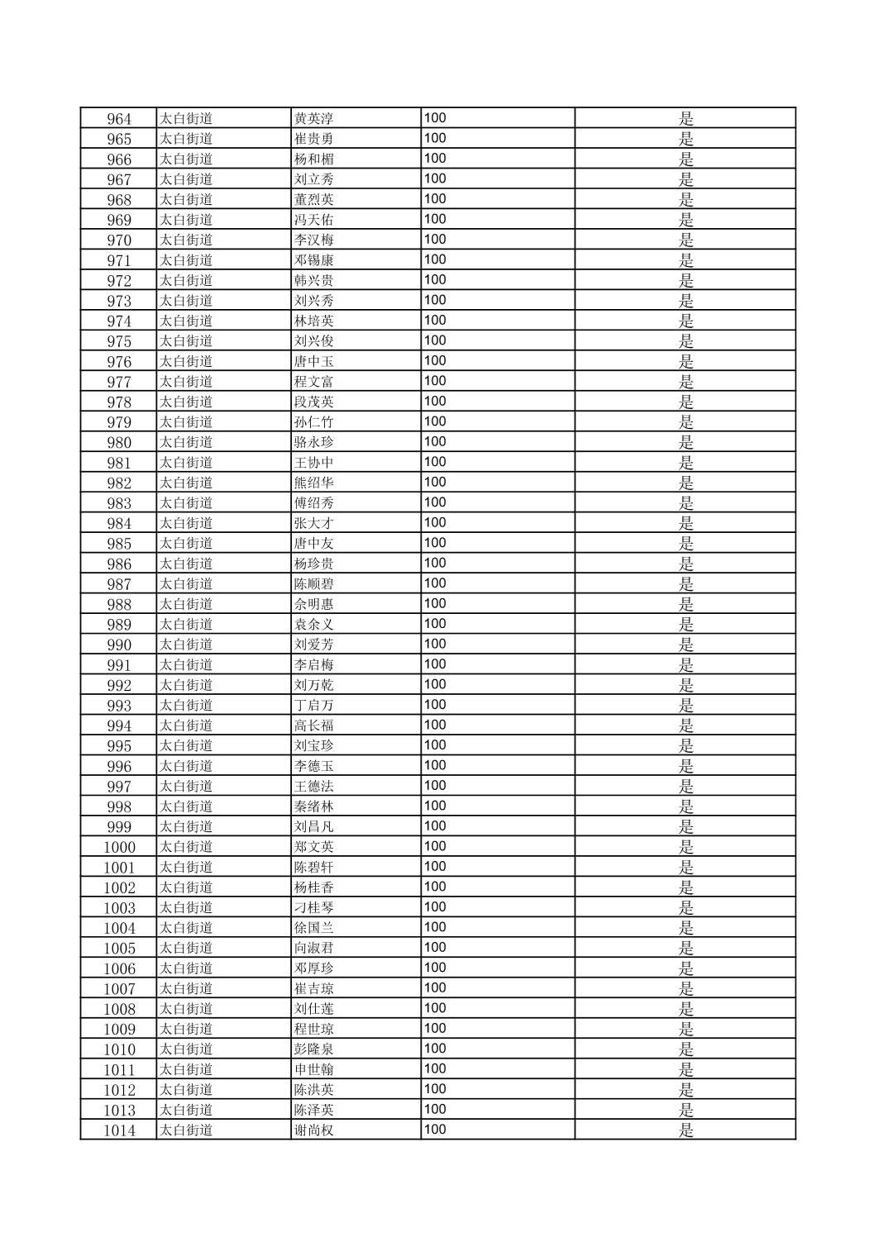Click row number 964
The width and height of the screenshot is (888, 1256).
click(x=119, y=119)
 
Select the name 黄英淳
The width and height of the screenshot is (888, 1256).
click(x=313, y=119)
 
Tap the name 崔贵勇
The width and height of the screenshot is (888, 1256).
click(x=313, y=139)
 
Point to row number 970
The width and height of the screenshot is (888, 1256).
click(x=119, y=240)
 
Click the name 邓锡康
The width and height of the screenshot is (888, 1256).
click(x=313, y=260)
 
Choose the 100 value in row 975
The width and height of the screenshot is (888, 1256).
click(x=435, y=340)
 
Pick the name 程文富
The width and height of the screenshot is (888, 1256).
click(x=313, y=382)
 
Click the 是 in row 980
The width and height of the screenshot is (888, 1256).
click(x=685, y=442)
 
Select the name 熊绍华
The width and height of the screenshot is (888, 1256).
click(x=313, y=483)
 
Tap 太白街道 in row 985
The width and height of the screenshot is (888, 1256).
click(x=186, y=544)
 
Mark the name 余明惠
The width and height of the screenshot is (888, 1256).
click(x=313, y=604)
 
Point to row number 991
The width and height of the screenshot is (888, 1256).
click(x=119, y=665)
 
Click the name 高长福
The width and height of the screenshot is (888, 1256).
click(x=313, y=726)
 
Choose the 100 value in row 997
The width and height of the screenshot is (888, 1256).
click(x=435, y=786)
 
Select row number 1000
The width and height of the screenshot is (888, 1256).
click(x=119, y=847)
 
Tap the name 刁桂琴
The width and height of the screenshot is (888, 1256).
click(x=313, y=907)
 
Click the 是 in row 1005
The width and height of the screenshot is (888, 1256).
click(x=685, y=948)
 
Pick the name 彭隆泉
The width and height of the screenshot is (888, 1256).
click(x=313, y=1049)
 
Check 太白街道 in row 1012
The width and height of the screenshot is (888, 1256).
click(x=186, y=1090)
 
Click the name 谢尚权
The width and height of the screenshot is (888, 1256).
click(x=313, y=1130)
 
